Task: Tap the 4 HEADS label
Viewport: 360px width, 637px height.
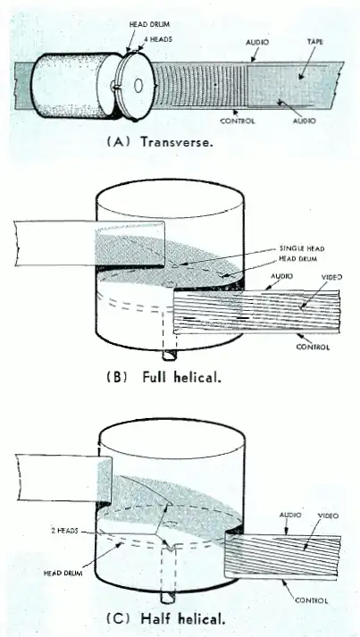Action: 158,39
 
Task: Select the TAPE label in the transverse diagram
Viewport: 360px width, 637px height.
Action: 315,41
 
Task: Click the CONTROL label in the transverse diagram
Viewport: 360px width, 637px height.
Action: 238,121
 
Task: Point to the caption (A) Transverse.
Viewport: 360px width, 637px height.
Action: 160,142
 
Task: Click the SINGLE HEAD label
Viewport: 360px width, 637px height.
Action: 302,248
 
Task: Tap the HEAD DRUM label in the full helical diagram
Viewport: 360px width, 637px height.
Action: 297,258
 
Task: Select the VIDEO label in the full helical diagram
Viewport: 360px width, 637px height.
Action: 331,277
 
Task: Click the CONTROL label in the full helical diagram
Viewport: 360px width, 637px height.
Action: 313,347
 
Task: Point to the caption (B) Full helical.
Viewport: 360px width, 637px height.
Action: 163,377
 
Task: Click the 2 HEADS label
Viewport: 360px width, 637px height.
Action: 64,531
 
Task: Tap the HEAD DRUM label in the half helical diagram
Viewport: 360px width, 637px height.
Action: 63,574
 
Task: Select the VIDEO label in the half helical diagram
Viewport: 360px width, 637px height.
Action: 328,515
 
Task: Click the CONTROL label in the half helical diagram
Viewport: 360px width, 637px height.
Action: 311,600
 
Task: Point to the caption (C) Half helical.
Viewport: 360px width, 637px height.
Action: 165,619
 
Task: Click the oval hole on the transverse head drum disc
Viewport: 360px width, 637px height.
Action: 138,86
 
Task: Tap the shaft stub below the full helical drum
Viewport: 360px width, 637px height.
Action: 170,354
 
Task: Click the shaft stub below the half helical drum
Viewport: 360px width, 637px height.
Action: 168,597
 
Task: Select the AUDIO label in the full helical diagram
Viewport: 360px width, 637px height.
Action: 282,276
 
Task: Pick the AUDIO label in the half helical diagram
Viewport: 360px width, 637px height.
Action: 290,515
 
